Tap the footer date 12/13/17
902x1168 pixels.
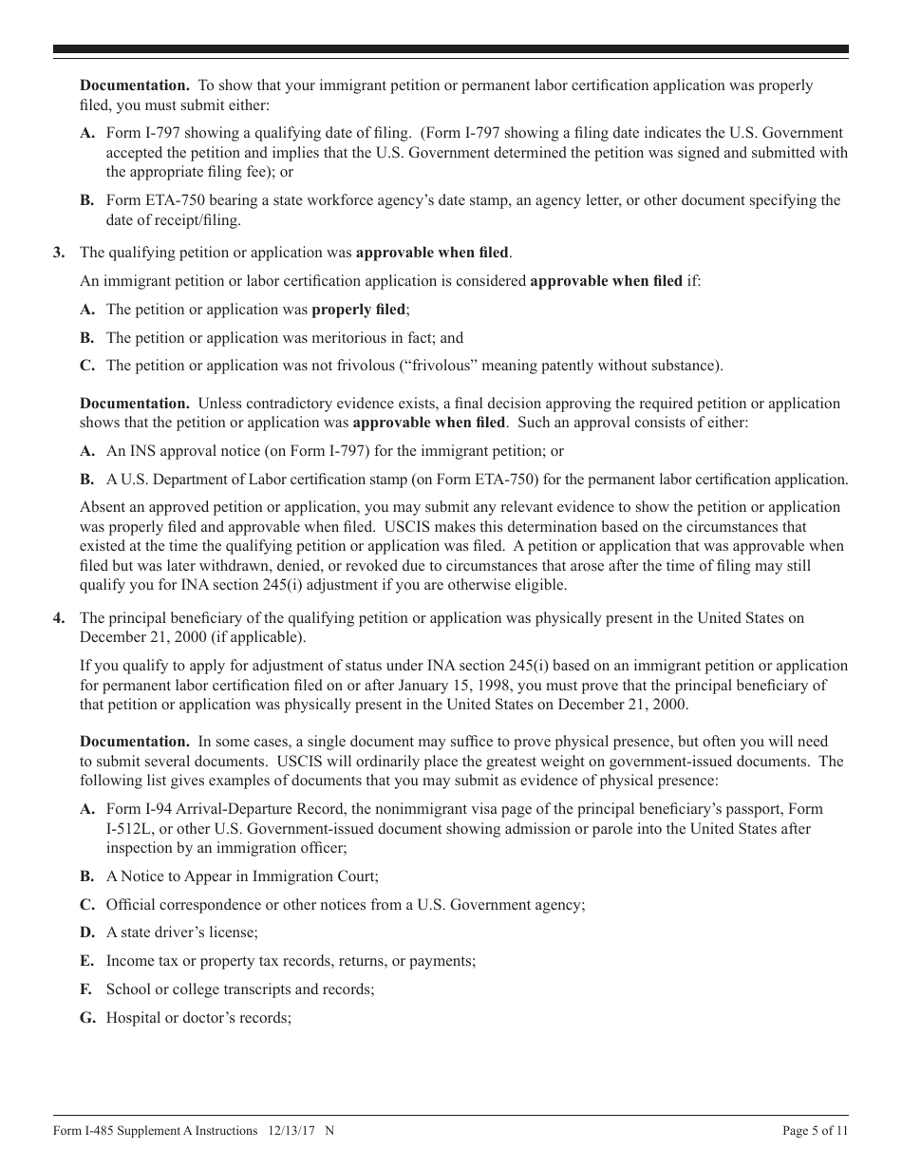coord(291,1131)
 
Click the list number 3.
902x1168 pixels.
coord(59,253)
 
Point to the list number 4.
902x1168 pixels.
coord(59,618)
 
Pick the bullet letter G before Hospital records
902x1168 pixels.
coord(87,1018)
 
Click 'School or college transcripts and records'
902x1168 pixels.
coord(240,989)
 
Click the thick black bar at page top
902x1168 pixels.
coord(451,49)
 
